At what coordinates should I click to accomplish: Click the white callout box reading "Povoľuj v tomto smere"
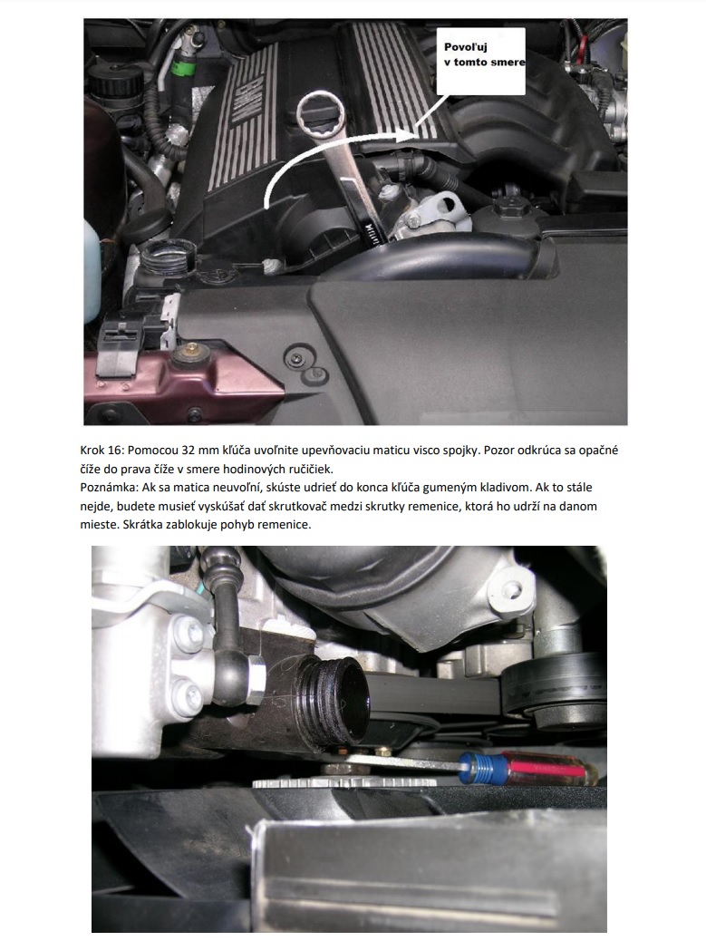click(481, 61)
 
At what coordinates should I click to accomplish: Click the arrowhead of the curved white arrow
click(404, 137)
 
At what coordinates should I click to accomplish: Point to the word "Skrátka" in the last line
click(143, 525)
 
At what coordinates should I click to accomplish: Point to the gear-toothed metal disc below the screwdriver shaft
click(343, 782)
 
